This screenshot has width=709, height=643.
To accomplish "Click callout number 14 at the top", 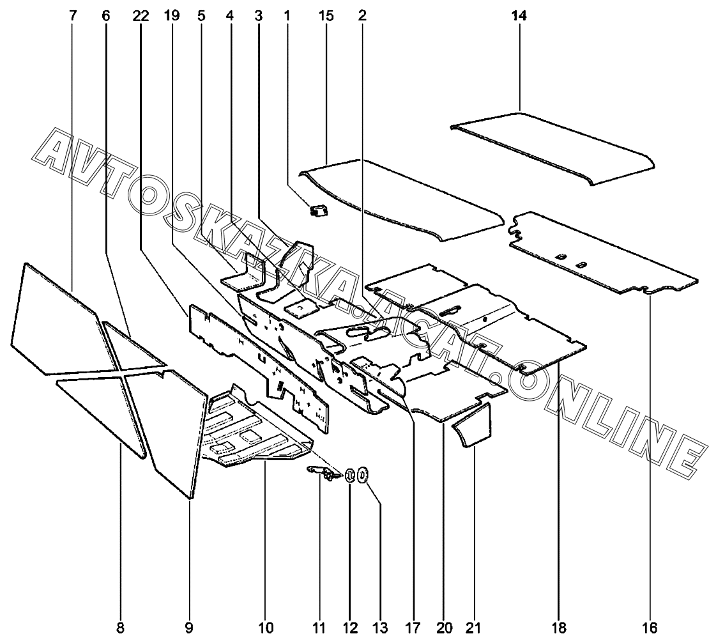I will [x=519, y=17].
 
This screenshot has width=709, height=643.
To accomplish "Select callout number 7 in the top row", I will [x=72, y=17].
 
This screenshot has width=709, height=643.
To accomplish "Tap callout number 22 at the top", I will [x=141, y=17].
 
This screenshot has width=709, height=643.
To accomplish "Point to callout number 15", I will [x=326, y=17].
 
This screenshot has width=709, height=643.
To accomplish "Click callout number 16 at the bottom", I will [x=650, y=628].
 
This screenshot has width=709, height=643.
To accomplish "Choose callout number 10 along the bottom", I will [x=266, y=628].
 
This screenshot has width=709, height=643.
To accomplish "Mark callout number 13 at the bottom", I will [x=381, y=628].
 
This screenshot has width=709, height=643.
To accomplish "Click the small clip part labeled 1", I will [x=317, y=210].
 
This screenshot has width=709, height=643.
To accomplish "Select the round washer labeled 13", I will [x=363, y=475].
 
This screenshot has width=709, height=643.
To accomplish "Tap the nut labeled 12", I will [x=350, y=476].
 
